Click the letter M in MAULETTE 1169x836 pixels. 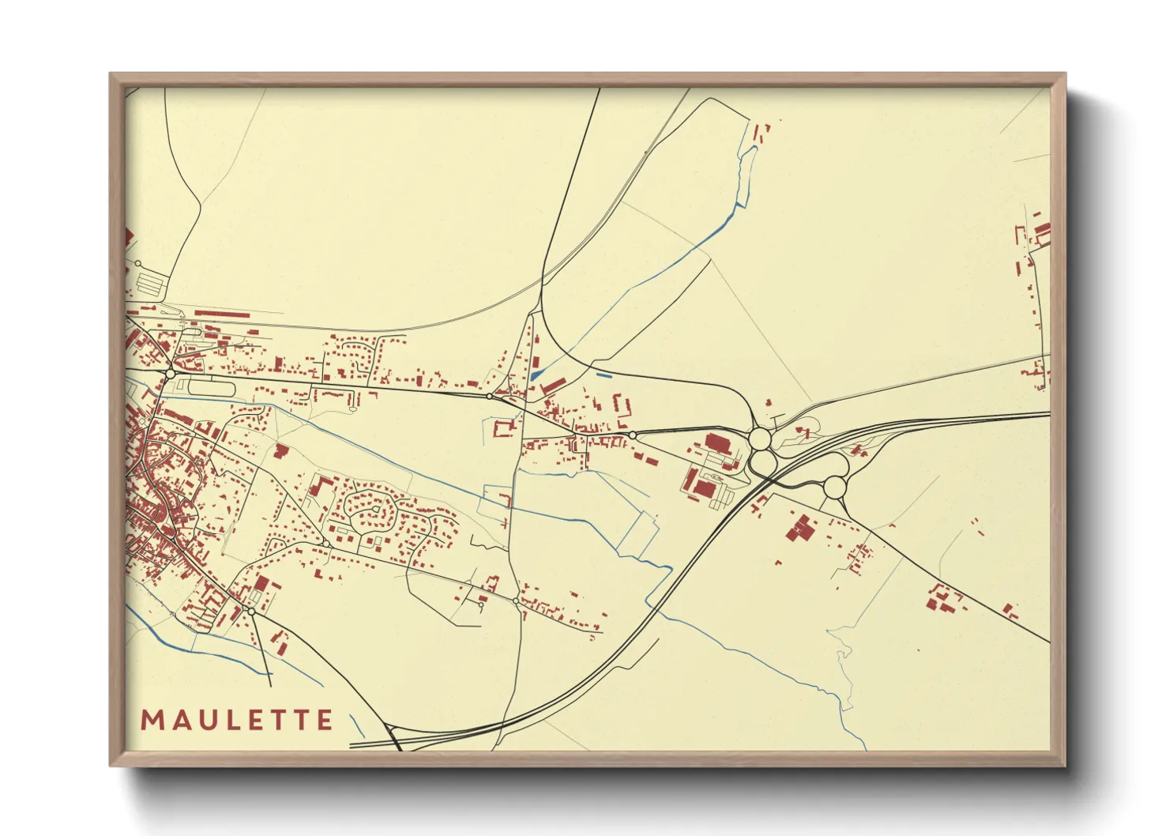(x=152, y=720)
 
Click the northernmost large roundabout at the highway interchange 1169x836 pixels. (x=760, y=437)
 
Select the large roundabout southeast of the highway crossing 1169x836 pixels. (x=835, y=487)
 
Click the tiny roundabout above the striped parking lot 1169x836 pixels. (x=137, y=263)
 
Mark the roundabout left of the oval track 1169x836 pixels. (x=170, y=373)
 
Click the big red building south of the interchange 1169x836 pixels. (x=802, y=529)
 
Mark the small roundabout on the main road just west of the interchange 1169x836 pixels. (x=633, y=435)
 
